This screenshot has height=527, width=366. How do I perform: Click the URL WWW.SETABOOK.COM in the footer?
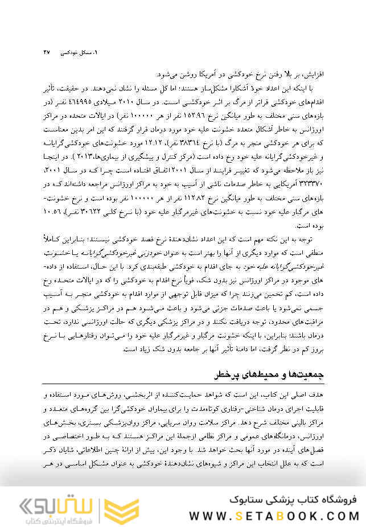(x=273, y=515)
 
